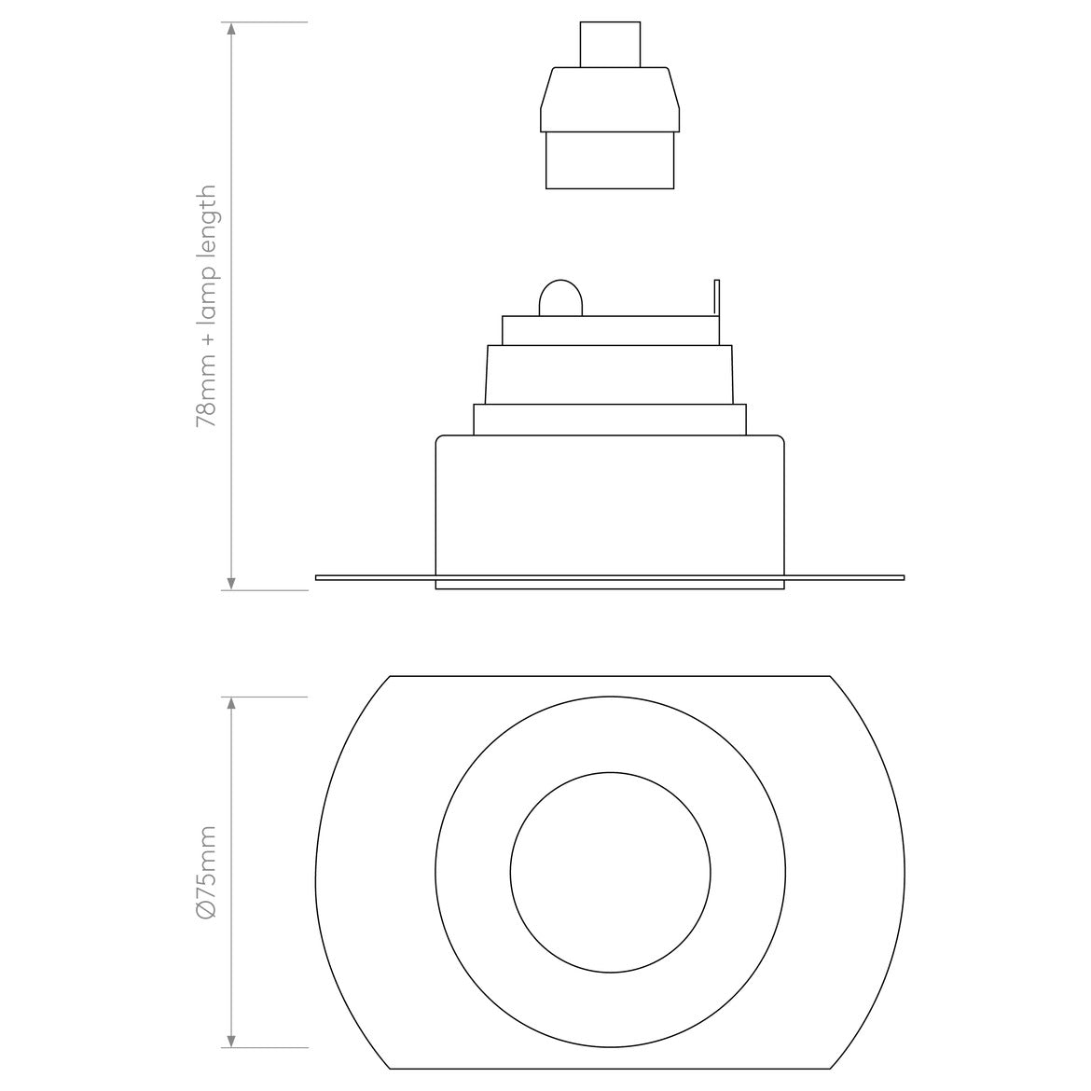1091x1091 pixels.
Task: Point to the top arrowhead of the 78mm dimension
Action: click(231, 29)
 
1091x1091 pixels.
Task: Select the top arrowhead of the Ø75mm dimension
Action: click(231, 704)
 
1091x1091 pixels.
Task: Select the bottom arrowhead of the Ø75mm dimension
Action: click(231, 1040)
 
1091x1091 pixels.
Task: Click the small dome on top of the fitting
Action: click(560, 298)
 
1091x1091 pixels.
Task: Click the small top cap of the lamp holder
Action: click(610, 44)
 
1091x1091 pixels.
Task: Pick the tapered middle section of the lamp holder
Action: click(610, 99)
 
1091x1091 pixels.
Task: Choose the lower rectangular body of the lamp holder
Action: click(610, 159)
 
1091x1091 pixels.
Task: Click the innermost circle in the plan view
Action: click(610, 873)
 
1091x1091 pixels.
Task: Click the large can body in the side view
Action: click(610, 504)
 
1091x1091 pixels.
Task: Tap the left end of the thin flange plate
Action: click(320, 578)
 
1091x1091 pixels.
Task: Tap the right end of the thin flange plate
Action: click(900, 578)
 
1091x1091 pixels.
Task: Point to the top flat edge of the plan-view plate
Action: click(610, 675)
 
